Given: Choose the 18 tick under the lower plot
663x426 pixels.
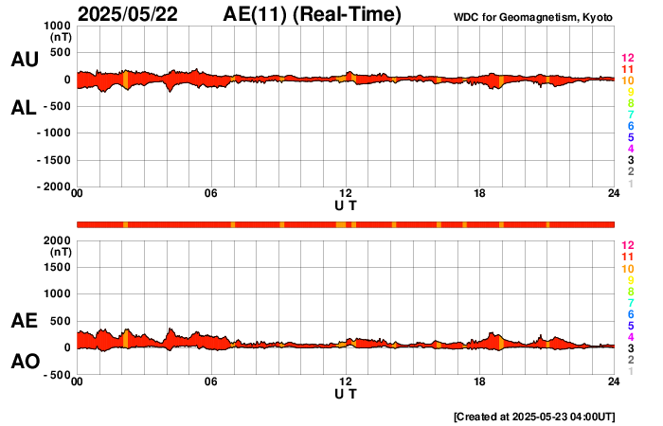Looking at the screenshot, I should (479, 382).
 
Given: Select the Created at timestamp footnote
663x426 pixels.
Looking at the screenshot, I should (534, 416).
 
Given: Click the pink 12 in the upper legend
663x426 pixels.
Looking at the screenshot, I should (628, 59).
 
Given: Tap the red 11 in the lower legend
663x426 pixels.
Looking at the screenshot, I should (628, 257).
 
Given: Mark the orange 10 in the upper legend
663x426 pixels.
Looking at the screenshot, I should (628, 81).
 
